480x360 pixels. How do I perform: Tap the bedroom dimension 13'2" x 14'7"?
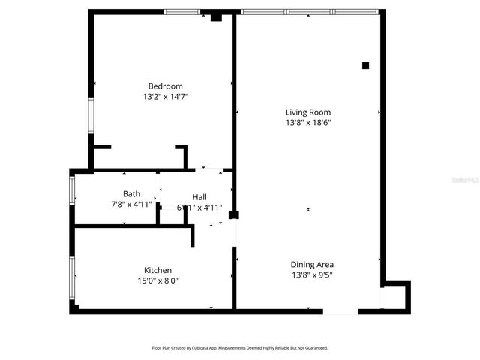coord(165,97)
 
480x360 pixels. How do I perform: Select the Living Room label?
coord(307,112)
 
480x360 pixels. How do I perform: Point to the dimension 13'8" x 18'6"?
coord(307,123)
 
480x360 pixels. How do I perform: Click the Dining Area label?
coord(312,264)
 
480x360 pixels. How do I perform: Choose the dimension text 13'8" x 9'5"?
coord(312,275)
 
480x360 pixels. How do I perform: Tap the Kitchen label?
coord(157,270)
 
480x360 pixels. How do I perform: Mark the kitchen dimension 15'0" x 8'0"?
coord(157,281)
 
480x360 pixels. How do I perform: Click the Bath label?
coord(131,194)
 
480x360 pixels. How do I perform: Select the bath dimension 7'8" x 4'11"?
coord(131,205)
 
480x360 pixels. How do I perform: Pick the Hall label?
coord(199,196)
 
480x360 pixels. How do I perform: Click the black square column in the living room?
coord(366,65)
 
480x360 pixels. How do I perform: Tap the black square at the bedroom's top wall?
coord(216,16)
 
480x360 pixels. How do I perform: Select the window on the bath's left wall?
coord(72,189)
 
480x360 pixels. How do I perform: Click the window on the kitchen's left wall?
coord(72,277)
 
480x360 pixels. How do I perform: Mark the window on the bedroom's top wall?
coord(182,11)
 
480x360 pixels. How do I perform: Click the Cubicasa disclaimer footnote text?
coord(240,348)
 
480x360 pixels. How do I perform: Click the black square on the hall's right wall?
coord(234,214)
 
